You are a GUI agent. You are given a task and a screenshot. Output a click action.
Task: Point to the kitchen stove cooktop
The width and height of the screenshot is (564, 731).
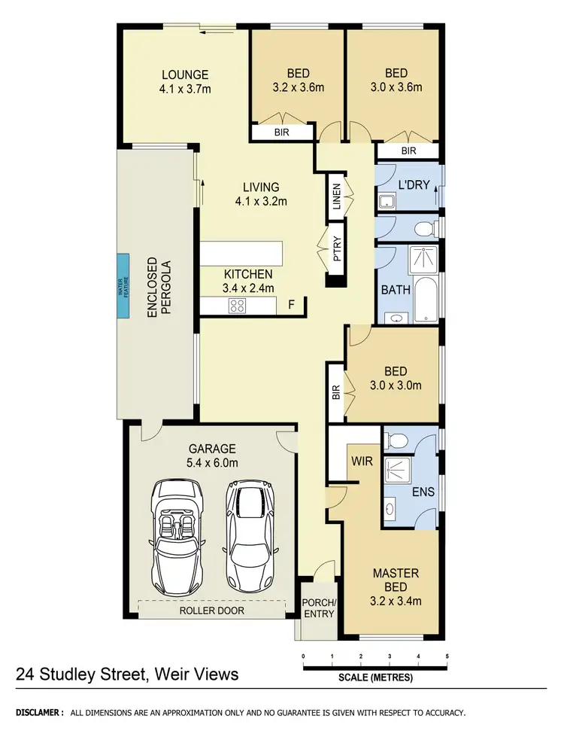click(x=238, y=306)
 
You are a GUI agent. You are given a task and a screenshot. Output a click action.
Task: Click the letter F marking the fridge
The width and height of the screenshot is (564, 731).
click(x=292, y=305)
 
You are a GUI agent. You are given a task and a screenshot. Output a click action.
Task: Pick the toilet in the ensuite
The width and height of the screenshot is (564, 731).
click(x=399, y=440)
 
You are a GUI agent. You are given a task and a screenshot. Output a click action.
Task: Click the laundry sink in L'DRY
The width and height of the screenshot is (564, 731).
click(x=387, y=201)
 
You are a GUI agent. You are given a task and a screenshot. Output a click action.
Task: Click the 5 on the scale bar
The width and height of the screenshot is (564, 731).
click(x=447, y=656)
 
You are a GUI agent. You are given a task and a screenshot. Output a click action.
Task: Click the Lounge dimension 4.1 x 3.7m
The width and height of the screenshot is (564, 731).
click(x=184, y=88)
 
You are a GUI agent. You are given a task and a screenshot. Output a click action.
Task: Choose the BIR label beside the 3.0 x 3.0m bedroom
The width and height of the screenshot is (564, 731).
click(x=335, y=391)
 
